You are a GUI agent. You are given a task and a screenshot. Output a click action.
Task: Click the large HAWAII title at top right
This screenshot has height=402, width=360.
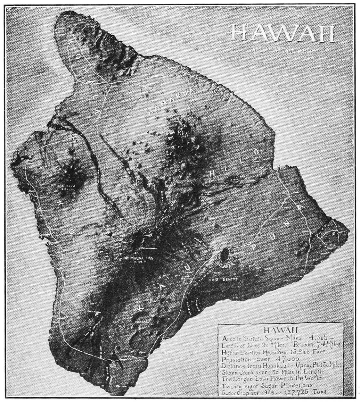(x=282, y=33)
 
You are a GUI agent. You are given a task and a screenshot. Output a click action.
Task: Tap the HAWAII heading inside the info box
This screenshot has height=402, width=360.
(x=281, y=330)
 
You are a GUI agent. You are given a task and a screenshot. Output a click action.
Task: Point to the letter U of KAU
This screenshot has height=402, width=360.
(x=186, y=266)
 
